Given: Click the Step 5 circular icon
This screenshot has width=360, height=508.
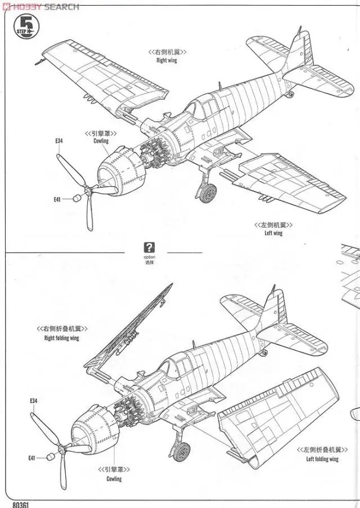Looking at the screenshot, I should [25, 25].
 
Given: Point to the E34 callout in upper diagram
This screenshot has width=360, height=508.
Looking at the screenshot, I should [59, 141].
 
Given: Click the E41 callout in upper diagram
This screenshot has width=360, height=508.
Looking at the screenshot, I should [57, 199].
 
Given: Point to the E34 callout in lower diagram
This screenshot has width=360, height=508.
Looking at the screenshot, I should [33, 401].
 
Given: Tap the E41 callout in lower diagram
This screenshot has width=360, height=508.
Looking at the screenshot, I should [31, 458].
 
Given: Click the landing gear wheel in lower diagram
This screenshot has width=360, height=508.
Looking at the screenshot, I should [181, 451].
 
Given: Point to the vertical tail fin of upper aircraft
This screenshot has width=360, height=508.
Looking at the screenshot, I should [299, 48].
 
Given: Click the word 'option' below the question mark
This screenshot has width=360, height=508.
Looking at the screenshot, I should [149, 257].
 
